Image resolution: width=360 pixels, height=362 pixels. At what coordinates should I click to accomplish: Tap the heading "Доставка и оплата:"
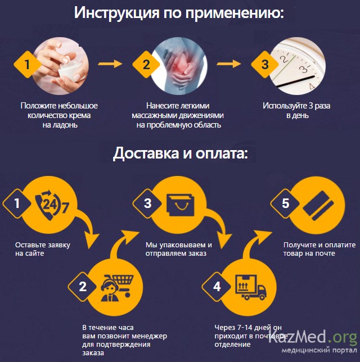coord(180,153)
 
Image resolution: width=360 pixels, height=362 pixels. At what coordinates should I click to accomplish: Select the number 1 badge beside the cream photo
coord(25,64)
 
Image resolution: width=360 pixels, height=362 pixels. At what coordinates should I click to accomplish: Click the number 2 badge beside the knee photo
coord(146,64)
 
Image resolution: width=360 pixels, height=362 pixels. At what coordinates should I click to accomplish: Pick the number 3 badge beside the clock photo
coord(264,64)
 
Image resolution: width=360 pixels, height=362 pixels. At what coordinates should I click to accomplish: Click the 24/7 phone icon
coord(51,205)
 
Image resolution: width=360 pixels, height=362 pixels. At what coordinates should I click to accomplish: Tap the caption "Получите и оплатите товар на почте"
coord(312,249)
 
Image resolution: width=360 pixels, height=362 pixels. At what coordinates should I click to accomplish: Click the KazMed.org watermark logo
coord(313,340)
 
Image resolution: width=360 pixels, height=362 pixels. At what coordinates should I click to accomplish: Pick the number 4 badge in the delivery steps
coord(217,287)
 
